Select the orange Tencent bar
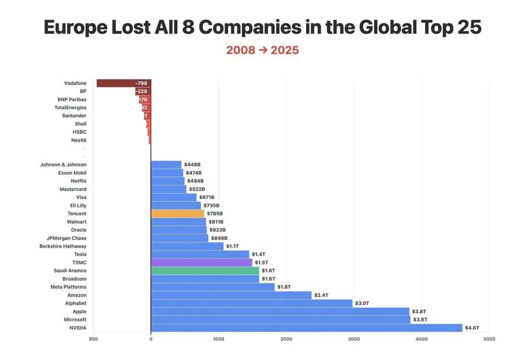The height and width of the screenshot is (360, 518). pos(177,214)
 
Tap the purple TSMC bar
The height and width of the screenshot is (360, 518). pos(201,263)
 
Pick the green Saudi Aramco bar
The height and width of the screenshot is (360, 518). pos(205,271)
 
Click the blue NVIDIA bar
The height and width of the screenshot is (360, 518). pos(306,328)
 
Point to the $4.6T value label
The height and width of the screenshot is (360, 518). pos(472,328)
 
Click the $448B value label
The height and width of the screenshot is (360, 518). pos(192,165)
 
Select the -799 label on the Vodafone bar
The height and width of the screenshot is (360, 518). pos(141,83)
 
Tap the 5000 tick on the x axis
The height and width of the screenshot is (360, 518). pos(489,339)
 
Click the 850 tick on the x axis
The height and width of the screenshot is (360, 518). pos(93,339)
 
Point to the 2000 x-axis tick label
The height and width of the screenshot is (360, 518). pos(286,339)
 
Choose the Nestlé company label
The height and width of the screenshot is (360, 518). pos(79,140)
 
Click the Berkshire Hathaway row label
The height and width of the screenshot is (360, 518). pos(63,246)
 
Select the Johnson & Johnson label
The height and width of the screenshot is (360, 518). pos(63,165)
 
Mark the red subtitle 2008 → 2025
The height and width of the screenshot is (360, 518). pos(262,50)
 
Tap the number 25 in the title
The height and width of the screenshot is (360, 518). pos(469,27)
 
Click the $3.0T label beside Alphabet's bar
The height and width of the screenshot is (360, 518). pos(362,303)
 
